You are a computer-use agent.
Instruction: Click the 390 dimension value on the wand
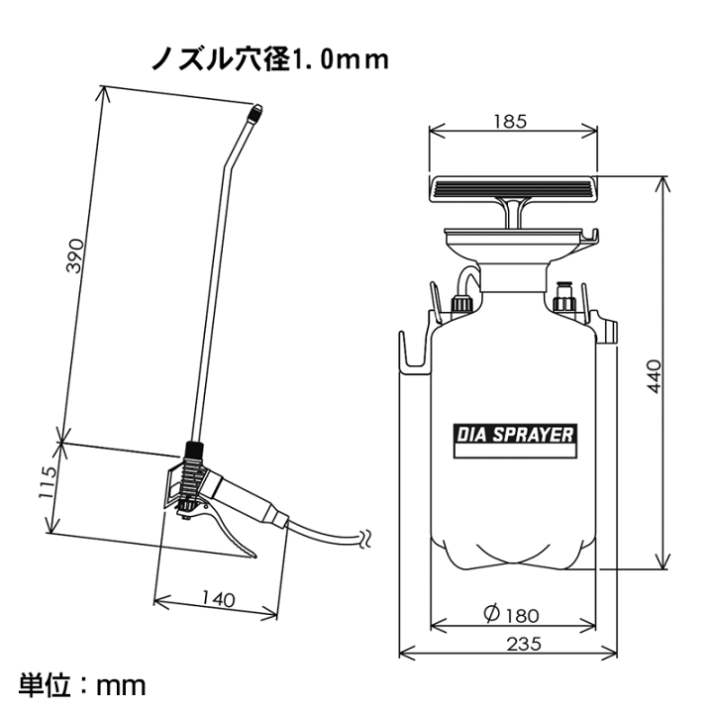coord(75,255)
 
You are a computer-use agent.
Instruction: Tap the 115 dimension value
coord(48,482)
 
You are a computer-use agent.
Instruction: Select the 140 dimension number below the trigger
coord(218,599)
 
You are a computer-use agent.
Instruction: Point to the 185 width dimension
coord(510,122)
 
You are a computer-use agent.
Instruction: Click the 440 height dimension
coord(655,376)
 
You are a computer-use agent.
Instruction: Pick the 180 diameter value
coord(523,616)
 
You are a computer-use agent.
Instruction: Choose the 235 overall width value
coord(524,644)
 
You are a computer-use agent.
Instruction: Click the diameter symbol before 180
coord(491,614)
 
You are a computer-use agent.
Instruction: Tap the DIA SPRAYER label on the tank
coord(515,435)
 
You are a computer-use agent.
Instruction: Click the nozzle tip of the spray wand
coord(255,111)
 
